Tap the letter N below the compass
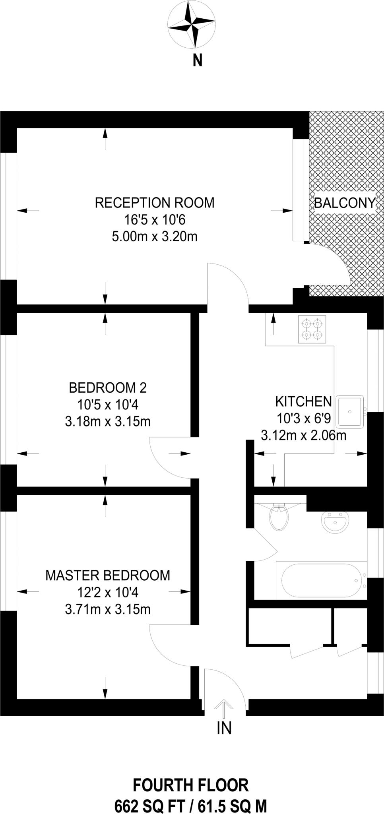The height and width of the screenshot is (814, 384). tap(198, 61)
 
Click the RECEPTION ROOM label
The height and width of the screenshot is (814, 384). tap(155, 203)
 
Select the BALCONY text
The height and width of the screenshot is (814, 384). tap(344, 203)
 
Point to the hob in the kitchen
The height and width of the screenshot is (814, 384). tap(312, 329)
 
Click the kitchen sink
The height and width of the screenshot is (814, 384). tap(350, 411)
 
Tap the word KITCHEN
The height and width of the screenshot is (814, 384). tap(303, 401)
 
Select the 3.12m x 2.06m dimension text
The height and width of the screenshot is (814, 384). tap(303, 436)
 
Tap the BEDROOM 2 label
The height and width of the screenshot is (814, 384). tap(108, 388)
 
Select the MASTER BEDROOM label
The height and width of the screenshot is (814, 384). tap(108, 575)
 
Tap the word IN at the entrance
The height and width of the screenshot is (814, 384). tap(224, 728)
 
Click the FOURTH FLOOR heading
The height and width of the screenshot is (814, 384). tap(191, 785)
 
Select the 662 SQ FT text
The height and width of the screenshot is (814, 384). tap(150, 806)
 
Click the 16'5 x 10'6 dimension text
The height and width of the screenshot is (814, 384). tap(155, 220)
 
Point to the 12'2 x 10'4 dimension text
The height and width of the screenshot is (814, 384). tap(108, 593)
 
